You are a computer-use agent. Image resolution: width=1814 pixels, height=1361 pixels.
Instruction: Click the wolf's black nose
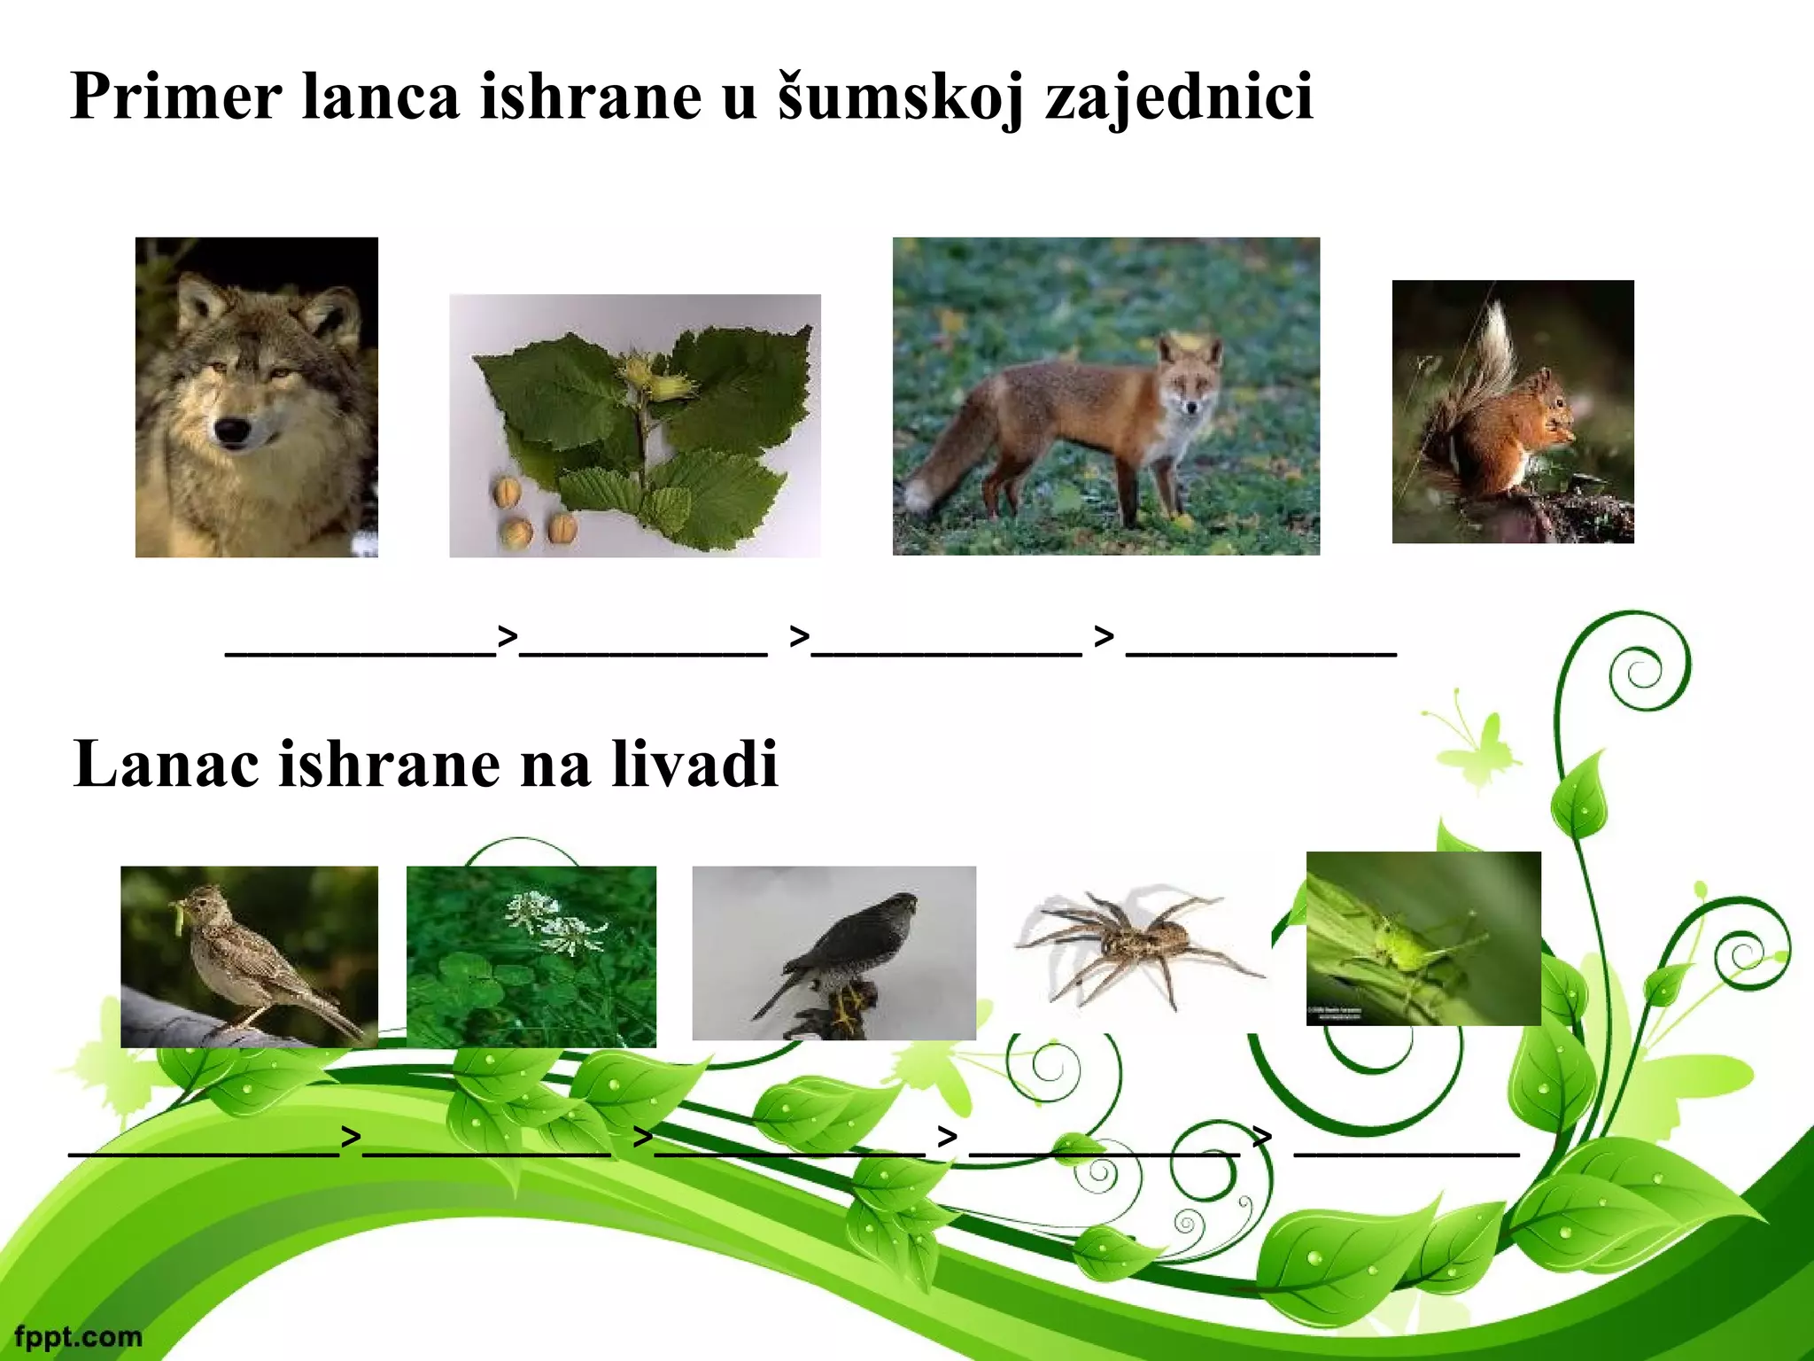(233, 431)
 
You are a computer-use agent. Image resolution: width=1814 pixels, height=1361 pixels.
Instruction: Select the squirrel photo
(1512, 412)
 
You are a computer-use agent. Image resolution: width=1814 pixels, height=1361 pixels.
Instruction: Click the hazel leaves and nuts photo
(634, 426)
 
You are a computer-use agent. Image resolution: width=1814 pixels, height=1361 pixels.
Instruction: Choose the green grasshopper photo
(1423, 938)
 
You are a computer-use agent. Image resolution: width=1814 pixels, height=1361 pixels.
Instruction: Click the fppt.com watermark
(78, 1335)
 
